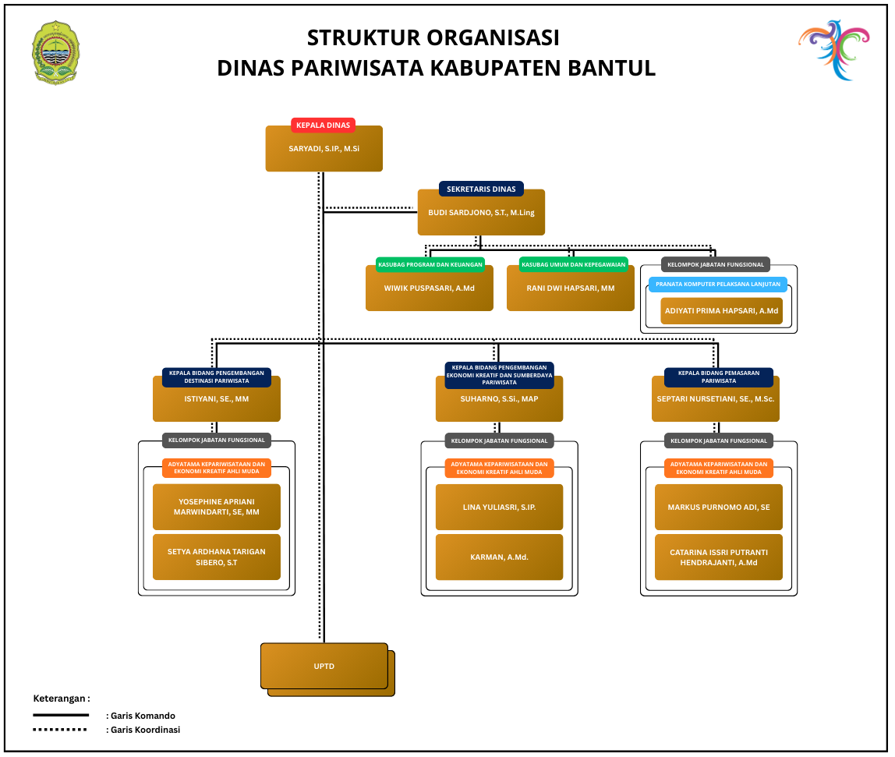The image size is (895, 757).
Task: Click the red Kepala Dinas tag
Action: pyautogui.click(x=324, y=125)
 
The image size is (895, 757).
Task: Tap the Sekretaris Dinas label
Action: pyautogui.click(x=481, y=189)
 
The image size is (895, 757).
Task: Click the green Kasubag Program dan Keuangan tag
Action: pyautogui.click(x=430, y=264)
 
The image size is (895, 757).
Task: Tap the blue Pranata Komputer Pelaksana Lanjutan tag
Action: pyautogui.click(x=718, y=284)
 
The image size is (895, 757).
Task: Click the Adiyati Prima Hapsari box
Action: pyautogui.click(x=721, y=311)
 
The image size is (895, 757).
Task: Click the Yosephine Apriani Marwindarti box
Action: pyautogui.click(x=216, y=507)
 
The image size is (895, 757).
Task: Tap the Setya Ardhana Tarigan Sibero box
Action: pyautogui.click(x=216, y=557)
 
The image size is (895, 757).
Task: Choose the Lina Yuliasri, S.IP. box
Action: pyautogui.click(x=499, y=507)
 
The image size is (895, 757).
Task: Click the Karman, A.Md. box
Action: pyautogui.click(x=499, y=557)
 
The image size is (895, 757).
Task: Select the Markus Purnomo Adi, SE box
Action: pyautogui.click(x=718, y=507)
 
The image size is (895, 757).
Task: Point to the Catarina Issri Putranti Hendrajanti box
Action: pyautogui.click(x=718, y=557)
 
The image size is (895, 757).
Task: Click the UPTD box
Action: pyautogui.click(x=324, y=666)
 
